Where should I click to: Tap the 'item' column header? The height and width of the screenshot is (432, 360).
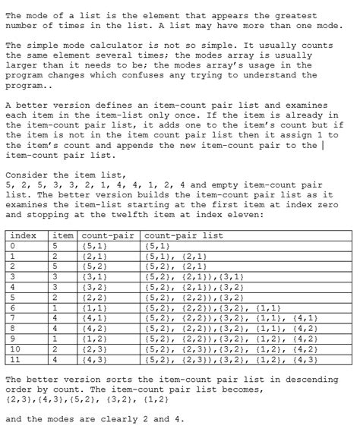click(64, 235)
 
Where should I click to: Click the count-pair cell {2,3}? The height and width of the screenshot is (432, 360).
click(94, 348)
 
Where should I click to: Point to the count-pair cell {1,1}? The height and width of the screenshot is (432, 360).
click(94, 307)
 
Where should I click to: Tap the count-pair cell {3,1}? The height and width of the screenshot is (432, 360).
click(94, 276)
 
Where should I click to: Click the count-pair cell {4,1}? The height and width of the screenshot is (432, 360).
click(94, 317)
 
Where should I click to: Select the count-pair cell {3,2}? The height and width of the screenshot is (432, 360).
click(94, 287)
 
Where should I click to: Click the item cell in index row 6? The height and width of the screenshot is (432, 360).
click(55, 307)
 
